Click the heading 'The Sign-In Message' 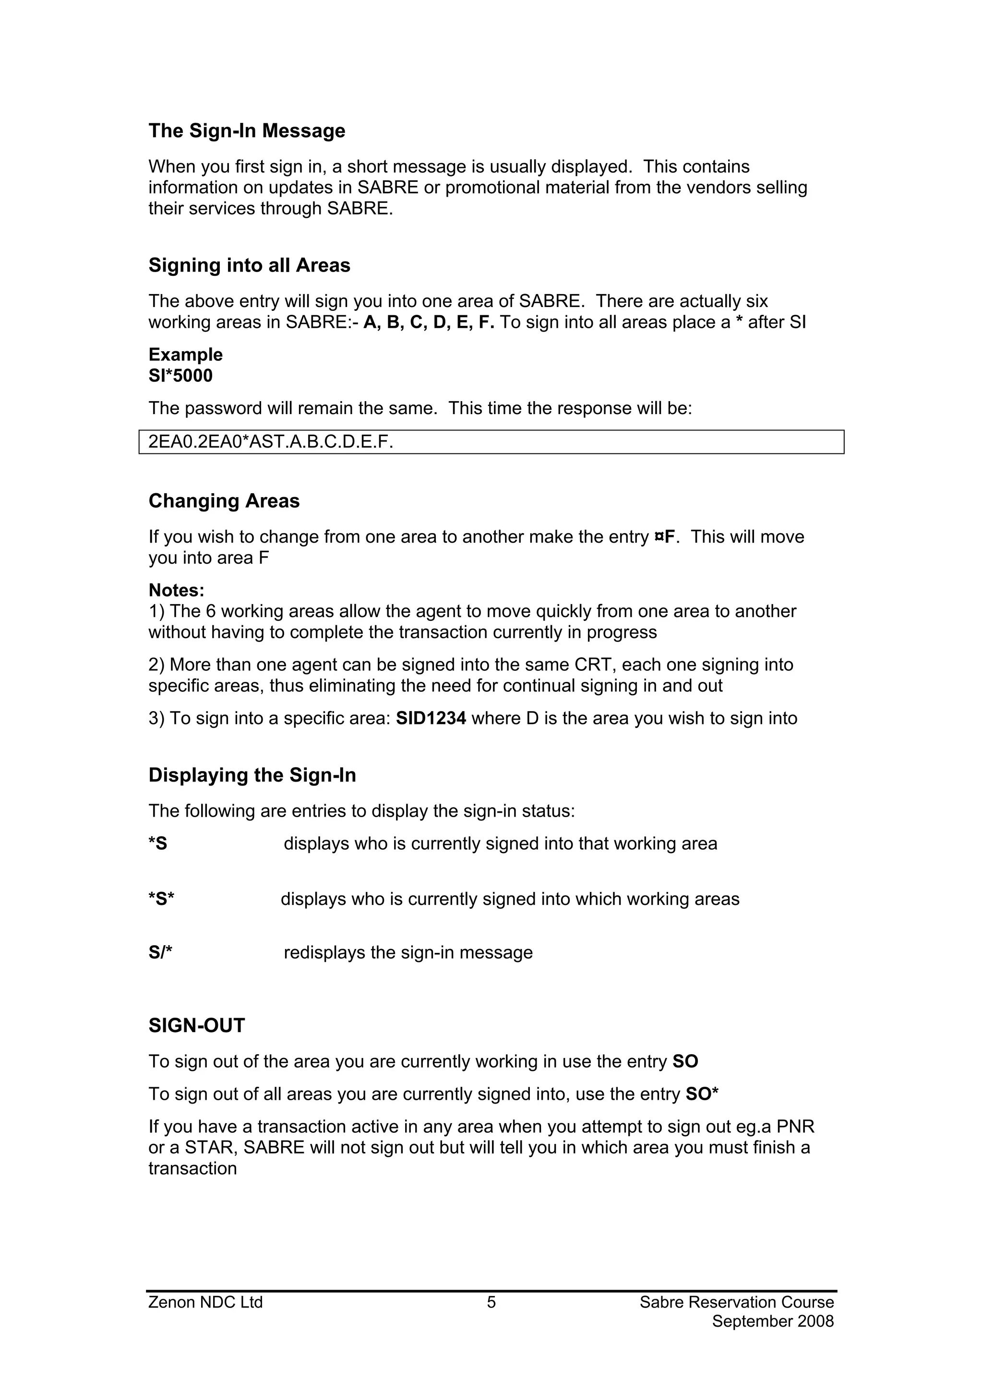[247, 131]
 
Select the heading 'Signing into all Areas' [249, 265]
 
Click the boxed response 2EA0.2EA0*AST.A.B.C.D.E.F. [271, 442]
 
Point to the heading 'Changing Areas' [224, 501]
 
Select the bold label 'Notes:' [176, 590]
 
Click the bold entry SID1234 [431, 719]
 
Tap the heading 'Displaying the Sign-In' [252, 775]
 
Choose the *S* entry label [161, 900]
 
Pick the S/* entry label [160, 953]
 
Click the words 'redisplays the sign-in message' [408, 953]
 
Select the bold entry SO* [701, 1094]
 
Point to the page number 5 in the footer [491, 1302]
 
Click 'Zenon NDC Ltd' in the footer [205, 1302]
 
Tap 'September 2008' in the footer [773, 1321]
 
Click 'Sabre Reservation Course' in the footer [736, 1302]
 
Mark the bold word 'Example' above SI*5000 [185, 355]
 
